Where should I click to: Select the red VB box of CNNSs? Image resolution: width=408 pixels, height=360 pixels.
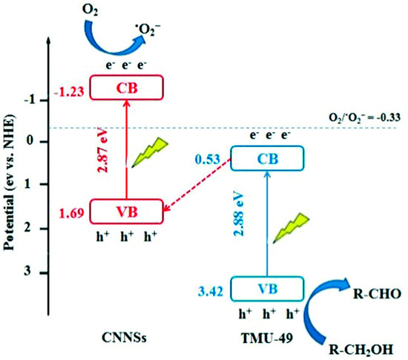point(125,211)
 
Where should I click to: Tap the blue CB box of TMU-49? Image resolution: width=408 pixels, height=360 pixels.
point(268,157)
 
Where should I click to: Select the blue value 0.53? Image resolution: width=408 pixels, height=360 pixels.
point(208,160)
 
